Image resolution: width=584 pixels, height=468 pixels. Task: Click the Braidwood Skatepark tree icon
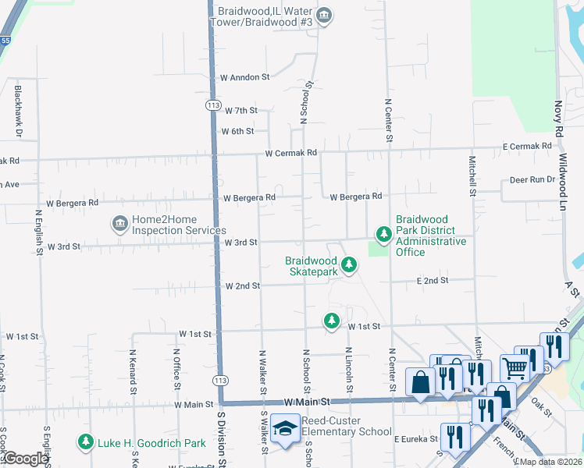[349, 266]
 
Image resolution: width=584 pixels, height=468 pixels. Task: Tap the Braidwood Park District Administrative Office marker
[383, 234]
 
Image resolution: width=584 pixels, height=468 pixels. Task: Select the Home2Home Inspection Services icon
[119, 225]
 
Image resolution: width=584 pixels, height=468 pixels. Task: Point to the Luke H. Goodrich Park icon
[85, 443]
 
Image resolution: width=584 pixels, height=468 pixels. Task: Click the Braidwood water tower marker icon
[326, 16]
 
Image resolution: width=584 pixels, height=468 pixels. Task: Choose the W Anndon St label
[244, 78]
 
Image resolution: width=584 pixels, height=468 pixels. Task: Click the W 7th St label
[240, 111]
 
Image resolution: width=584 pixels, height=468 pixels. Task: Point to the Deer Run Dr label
[532, 179]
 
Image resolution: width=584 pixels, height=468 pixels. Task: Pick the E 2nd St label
[433, 280]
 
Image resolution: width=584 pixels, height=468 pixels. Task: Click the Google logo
[25, 459]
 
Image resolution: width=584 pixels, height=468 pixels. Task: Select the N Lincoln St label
[348, 371]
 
